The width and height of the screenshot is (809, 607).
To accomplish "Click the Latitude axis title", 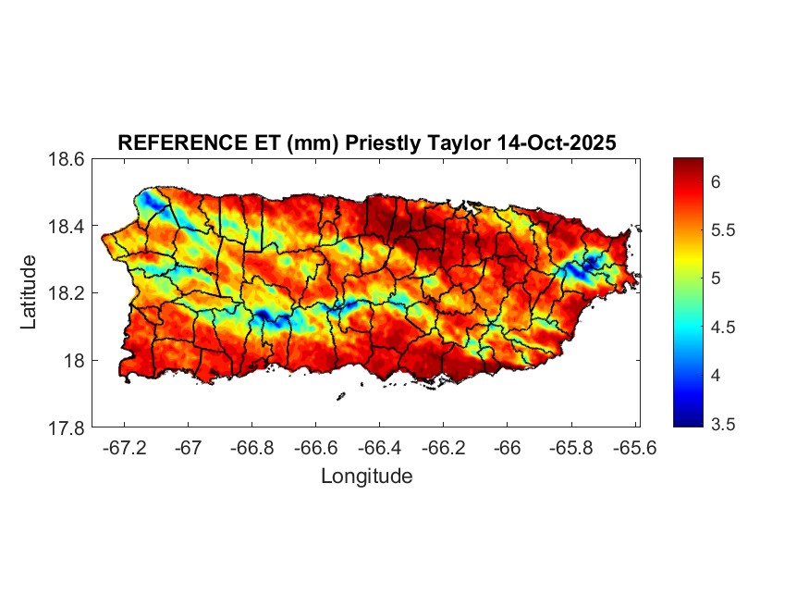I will (30, 292).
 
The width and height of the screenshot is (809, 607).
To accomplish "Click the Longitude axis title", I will (366, 477).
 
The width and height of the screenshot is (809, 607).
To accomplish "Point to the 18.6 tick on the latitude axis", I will (67, 159).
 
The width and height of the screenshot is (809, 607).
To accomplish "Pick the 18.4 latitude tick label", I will (67, 227).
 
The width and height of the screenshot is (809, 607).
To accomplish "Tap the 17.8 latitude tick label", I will (67, 428).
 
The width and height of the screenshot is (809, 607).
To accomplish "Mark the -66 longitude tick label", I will (508, 449).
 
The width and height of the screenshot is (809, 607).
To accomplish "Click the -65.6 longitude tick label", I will (634, 449).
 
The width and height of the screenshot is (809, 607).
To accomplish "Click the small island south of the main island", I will (340, 397).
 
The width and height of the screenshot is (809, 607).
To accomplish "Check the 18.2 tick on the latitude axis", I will (67, 294).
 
